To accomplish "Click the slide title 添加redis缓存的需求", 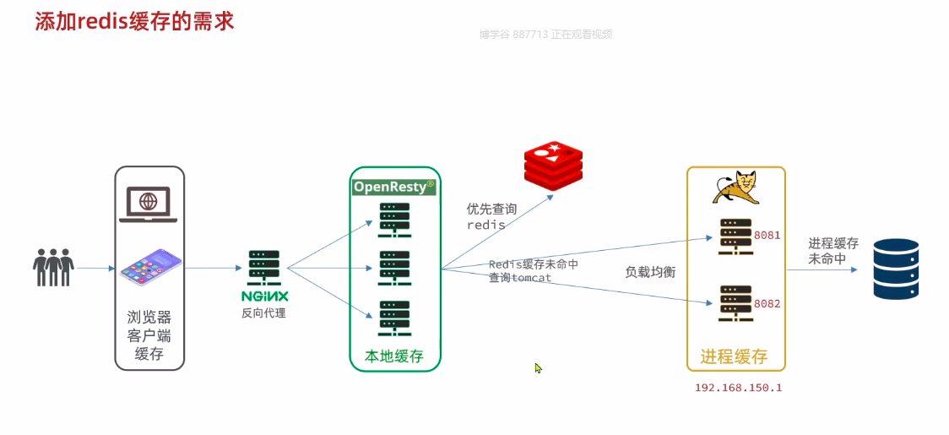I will [134, 21].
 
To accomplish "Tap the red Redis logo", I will [553, 166].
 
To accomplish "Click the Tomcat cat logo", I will [735, 188].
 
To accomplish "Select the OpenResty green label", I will [394, 187].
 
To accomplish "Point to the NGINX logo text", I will [264, 296].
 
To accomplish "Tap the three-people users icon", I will [53, 267].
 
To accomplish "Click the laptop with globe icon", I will [149, 204].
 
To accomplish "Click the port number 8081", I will [767, 236].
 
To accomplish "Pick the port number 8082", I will [767, 303].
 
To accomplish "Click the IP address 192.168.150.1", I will [738, 388].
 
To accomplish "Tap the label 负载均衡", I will [650, 272].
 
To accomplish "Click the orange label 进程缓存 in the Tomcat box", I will [734, 356].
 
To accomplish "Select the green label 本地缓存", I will [393, 356].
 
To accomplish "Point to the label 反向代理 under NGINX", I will [263, 313].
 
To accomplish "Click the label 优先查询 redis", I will [491, 217].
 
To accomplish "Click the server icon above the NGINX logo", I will [264, 269].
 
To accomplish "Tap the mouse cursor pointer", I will [538, 368].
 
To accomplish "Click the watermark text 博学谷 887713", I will [512, 35].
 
